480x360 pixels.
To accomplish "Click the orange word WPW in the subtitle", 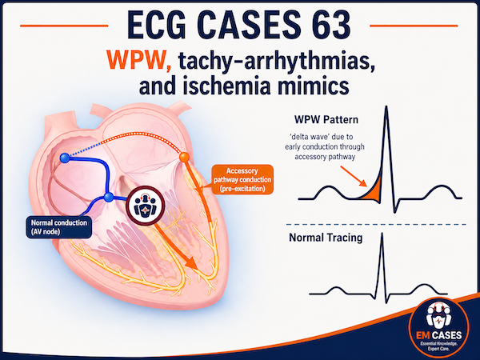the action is pos(138,60).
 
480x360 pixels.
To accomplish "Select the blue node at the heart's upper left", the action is pos(65,158).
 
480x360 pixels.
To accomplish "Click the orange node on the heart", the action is pos(184,158).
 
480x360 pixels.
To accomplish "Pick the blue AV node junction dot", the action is pos(108,197).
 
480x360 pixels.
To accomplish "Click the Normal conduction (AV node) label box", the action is pos(58,227).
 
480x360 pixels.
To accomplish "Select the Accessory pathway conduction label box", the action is pos(242,180).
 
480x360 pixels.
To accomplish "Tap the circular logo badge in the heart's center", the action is pos(146,206).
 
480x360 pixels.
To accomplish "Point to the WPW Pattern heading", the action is pos(326,119).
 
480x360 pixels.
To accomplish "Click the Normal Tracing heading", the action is pos(326,238).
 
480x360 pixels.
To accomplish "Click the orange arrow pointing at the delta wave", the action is pos(354,176).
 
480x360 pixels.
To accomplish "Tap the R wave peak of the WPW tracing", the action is pos(386,107).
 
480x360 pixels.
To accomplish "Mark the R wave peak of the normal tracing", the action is pos(382,234).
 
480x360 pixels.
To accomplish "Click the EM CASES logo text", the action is pos(438,335).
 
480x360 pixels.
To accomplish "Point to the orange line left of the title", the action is pos(64,26).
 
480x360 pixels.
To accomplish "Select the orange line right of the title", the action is pos(414,26).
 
